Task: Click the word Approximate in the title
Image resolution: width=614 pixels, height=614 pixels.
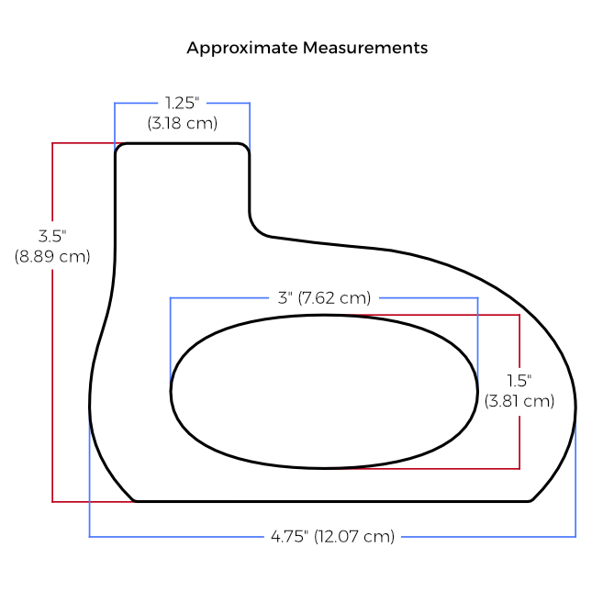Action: [242, 49]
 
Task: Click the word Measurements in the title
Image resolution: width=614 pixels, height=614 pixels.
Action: [365, 48]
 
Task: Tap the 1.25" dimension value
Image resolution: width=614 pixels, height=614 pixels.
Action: [182, 103]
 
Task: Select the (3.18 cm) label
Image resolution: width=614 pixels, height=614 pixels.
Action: [183, 123]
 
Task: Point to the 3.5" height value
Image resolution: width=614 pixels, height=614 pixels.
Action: [52, 236]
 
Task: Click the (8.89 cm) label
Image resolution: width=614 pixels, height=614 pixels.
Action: [52, 256]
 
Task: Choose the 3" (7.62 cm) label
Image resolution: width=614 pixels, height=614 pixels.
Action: [324, 298]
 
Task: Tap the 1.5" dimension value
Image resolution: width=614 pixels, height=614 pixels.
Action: [519, 380]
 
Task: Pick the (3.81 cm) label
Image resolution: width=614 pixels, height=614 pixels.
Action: [519, 400]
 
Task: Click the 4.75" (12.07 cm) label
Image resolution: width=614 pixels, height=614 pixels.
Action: [333, 536]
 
